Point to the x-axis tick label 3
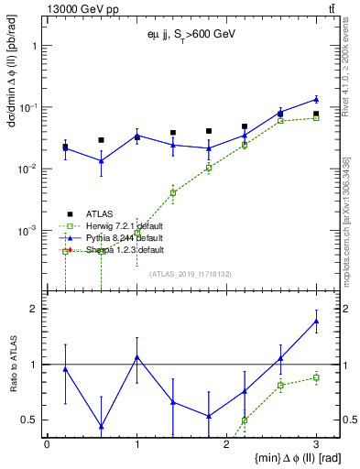coord(316,444)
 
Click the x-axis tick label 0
coord(47,444)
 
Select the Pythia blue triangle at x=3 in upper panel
coord(316,99)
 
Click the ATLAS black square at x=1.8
coord(209,131)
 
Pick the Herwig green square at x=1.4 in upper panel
coord(173,192)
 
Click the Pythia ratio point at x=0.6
coord(101,426)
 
